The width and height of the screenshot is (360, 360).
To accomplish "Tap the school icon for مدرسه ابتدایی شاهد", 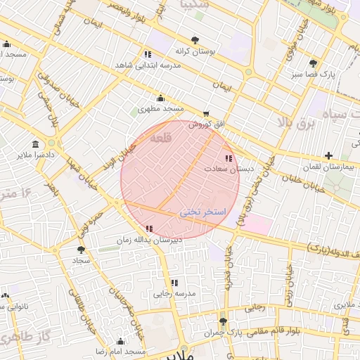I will tap(147, 54).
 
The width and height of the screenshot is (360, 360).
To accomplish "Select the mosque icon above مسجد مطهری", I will tap(160, 98).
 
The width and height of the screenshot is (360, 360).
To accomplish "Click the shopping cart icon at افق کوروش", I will tap(205, 114).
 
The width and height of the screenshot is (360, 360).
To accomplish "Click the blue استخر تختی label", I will tap(202, 211).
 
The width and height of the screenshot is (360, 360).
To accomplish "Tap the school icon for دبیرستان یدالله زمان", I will tap(148, 229).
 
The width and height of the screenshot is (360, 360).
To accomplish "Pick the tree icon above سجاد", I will tap(82, 249).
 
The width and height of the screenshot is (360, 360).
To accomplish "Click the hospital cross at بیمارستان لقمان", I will tap(328, 155).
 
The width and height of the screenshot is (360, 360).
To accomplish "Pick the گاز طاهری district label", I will tap(25, 337).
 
